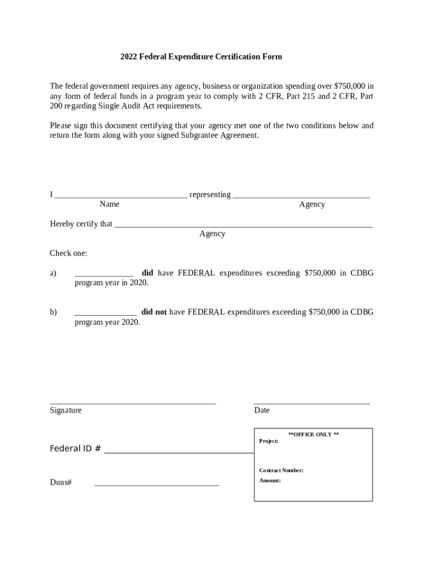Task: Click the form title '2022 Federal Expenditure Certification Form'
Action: [x=201, y=57]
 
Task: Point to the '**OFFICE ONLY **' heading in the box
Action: [x=313, y=435]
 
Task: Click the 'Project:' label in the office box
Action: [x=269, y=441]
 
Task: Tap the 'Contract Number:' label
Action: [x=281, y=470]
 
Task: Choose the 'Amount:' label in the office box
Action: [x=270, y=480]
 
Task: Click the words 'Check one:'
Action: [x=69, y=253]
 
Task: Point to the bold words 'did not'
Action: [x=154, y=312]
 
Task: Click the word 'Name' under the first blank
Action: [x=110, y=204]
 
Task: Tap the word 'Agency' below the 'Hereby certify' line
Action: [x=212, y=234]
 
